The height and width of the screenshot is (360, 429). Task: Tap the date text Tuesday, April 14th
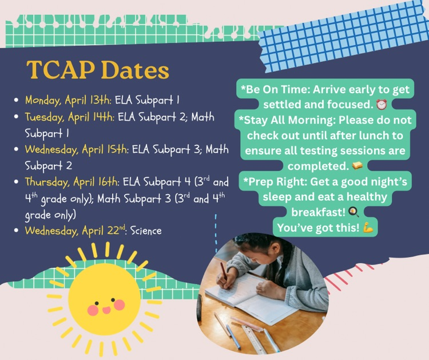[x=70, y=117]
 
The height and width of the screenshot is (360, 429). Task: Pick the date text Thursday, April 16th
[x=71, y=183]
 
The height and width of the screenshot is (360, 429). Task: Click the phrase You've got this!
[x=318, y=227]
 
